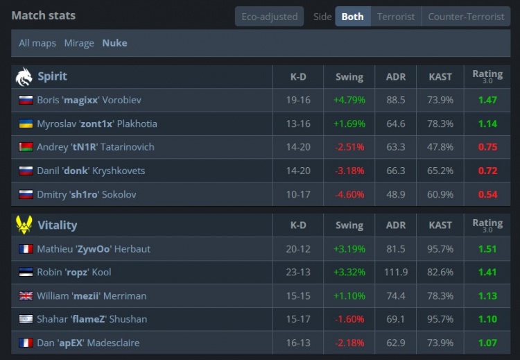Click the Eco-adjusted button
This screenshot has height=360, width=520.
[269, 17]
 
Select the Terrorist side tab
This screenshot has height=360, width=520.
[396, 17]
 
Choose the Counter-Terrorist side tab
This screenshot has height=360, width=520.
[466, 17]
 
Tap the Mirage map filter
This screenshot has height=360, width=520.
[79, 43]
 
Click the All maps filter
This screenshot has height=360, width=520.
[37, 43]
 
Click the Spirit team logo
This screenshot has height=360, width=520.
[24, 76]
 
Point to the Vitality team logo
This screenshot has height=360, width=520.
[24, 225]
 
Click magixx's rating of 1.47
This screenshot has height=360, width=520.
[487, 100]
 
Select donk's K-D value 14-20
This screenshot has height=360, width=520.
[298, 171]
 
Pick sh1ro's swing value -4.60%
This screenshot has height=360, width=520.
[349, 194]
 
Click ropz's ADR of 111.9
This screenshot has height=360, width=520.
[396, 272]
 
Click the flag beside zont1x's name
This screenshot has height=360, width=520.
[26, 123]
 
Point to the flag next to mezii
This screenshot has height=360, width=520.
[26, 295]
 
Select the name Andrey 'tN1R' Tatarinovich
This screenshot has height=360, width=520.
[96, 147]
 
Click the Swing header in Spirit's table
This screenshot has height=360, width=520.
[349, 77]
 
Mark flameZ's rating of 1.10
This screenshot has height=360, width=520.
[487, 319]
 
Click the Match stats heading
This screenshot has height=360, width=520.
[44, 15]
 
